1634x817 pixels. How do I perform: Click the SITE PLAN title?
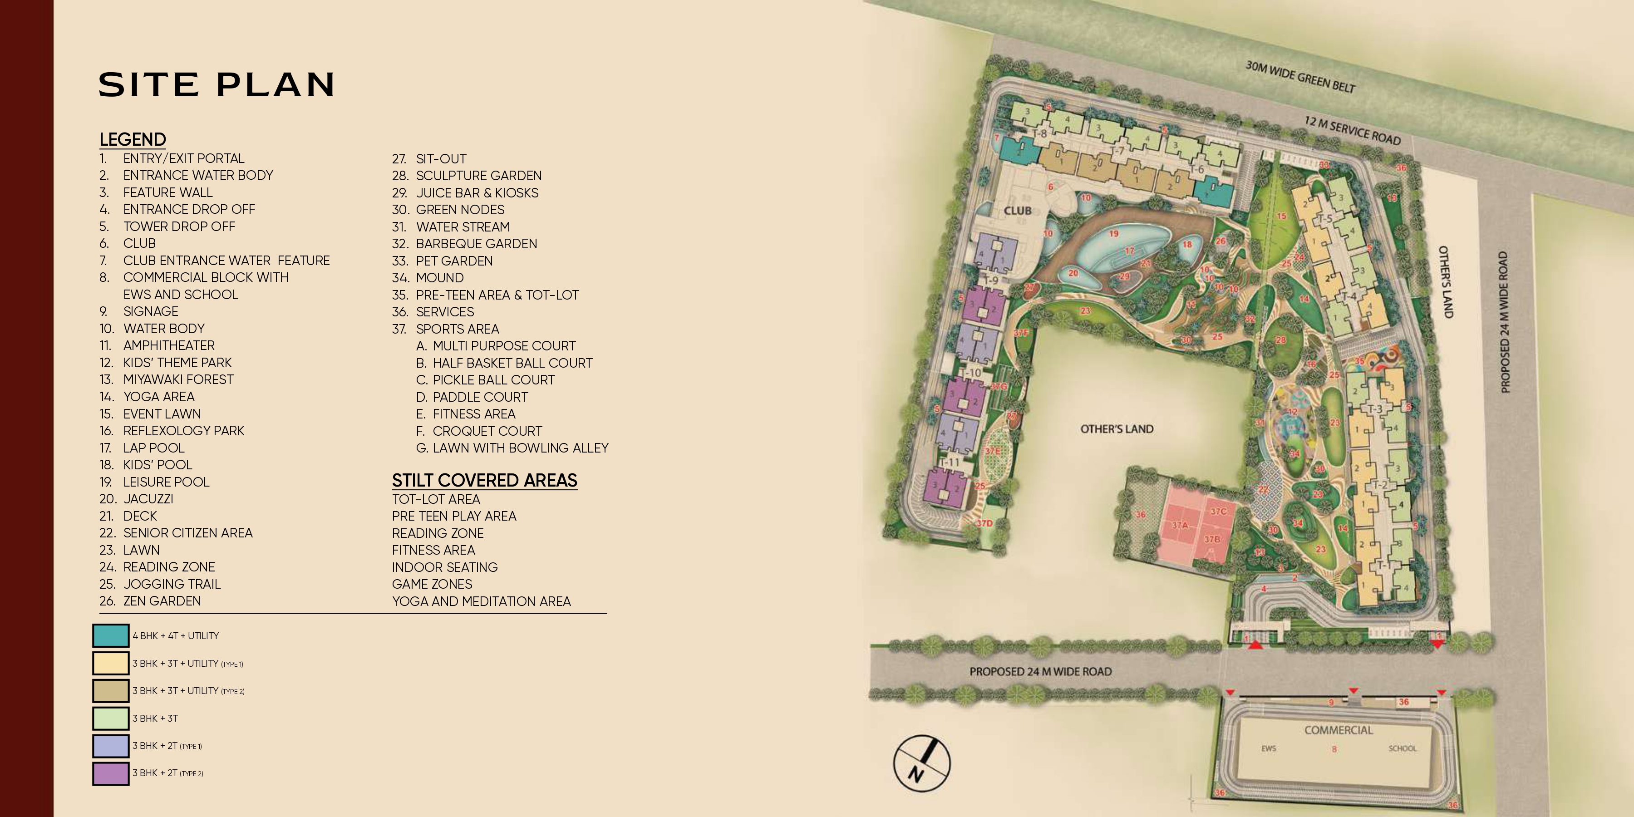(217, 85)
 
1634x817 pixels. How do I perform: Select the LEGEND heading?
(133, 139)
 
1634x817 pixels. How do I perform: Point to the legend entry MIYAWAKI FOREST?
(178, 379)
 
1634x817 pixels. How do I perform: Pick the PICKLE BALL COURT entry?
(493, 380)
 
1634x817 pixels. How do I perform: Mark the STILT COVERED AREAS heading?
(485, 480)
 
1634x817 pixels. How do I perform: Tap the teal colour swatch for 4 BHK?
(111, 635)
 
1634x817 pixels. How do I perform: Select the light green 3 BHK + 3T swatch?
(111, 718)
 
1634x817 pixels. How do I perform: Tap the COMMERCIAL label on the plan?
(1339, 730)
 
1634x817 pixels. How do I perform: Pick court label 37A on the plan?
(1179, 525)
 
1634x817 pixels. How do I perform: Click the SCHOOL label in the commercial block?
(1402, 748)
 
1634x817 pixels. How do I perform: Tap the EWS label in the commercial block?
(1269, 748)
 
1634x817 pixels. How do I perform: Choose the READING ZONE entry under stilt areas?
(438, 533)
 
